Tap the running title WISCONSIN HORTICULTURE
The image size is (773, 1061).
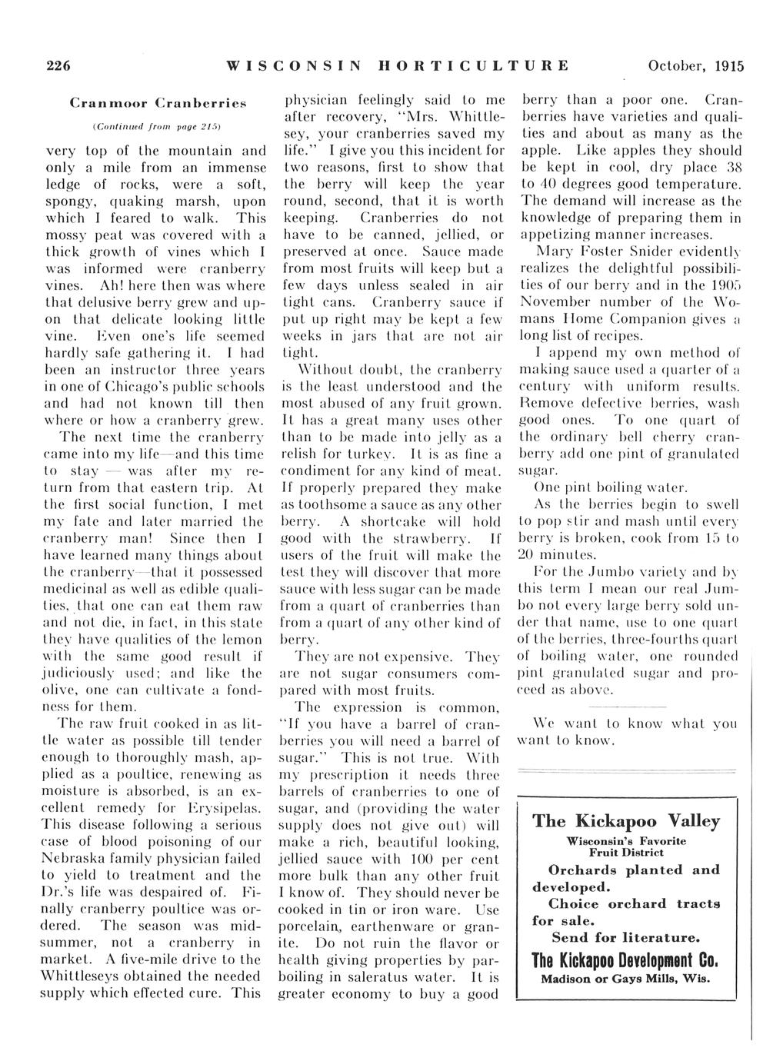398,66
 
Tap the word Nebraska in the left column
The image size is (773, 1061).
74,858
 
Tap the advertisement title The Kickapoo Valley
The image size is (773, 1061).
626,821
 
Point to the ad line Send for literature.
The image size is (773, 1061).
626,938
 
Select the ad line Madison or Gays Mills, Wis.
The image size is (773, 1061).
626,980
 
